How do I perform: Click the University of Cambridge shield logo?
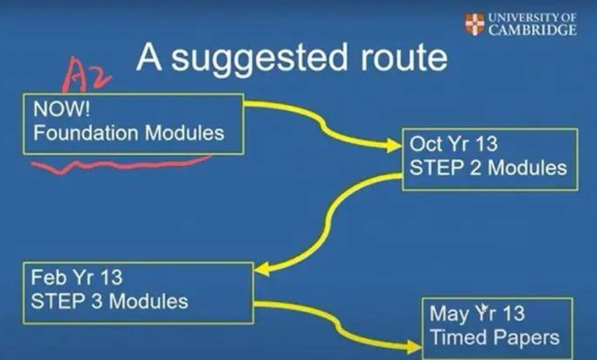[x=475, y=24]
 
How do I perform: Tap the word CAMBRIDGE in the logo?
[x=533, y=30]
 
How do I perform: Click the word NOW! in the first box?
[x=62, y=109]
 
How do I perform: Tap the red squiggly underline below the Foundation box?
[x=121, y=165]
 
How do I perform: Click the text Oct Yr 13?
[x=453, y=144]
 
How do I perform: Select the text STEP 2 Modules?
[x=488, y=168]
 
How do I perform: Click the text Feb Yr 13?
[x=76, y=277]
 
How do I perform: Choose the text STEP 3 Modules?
[x=109, y=301]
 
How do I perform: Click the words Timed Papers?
[x=495, y=338]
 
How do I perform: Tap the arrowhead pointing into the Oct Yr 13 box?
[x=395, y=145]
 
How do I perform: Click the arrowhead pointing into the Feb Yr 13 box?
[x=262, y=269]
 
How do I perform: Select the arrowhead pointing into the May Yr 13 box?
[x=415, y=346]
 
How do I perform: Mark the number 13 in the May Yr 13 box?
[x=513, y=314]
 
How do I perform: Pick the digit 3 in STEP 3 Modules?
[x=97, y=301]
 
